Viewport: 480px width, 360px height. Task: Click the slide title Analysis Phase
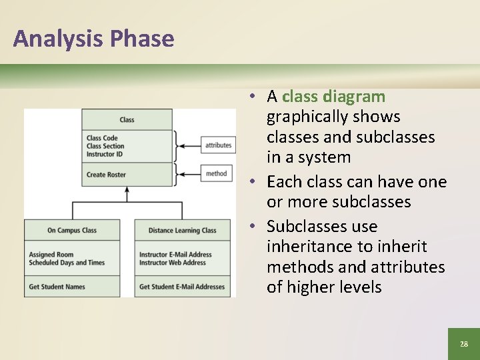[x=93, y=39]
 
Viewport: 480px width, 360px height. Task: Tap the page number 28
[x=463, y=344]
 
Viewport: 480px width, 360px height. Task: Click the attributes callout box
[x=218, y=145]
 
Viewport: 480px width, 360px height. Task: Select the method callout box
[x=216, y=173]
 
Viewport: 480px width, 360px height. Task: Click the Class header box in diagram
[x=127, y=120]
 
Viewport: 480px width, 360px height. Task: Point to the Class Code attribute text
[x=102, y=139]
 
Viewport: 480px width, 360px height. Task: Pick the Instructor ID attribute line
[x=105, y=155]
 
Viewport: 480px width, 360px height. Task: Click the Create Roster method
[x=106, y=175]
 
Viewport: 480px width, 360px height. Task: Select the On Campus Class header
[x=72, y=231]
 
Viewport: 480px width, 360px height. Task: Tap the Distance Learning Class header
[x=182, y=231]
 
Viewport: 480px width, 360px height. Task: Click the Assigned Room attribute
[x=51, y=255]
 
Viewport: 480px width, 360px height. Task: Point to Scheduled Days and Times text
[x=67, y=263]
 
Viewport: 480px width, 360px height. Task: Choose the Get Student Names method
[x=57, y=287]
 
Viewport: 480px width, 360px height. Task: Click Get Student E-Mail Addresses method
[x=182, y=287]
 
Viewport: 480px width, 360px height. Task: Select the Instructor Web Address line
[x=173, y=263]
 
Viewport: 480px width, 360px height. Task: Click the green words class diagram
[x=333, y=97]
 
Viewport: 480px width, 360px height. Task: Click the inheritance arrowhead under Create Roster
[x=127, y=190]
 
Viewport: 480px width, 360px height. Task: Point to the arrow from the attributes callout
[x=190, y=145]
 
